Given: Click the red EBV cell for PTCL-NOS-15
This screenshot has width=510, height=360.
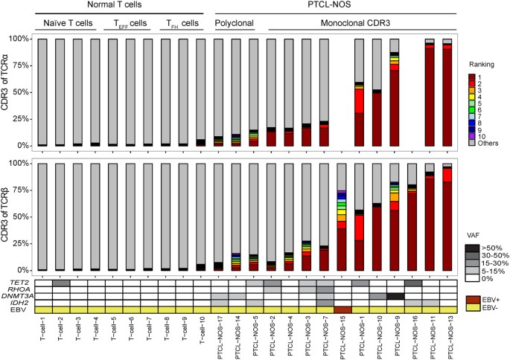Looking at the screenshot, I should click(342, 309).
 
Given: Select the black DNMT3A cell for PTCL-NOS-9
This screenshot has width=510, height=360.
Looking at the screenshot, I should click(395, 295).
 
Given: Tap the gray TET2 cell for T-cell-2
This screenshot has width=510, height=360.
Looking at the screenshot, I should click(61, 283).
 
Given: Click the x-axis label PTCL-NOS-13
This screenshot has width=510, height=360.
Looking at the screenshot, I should click(447, 335).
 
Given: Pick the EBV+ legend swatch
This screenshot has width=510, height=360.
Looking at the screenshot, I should click(473, 299).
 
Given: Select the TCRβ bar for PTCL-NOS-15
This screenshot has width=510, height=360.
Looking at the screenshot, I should click(342, 216).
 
